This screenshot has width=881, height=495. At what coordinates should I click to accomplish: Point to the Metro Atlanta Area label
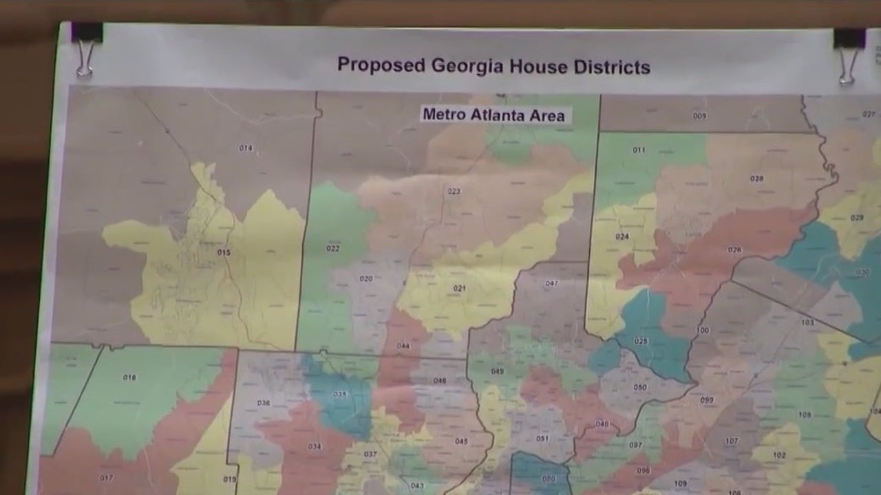pyautogui.click(x=493, y=114)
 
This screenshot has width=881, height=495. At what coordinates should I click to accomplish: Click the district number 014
pyautogui.click(x=246, y=148)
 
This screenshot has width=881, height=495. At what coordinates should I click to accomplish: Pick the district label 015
pyautogui.click(x=224, y=252)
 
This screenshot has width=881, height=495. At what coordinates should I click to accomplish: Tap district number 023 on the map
pyautogui.click(x=454, y=191)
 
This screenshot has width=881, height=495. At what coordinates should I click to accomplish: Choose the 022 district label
pyautogui.click(x=333, y=248)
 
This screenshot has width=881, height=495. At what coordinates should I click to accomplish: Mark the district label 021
pyautogui.click(x=459, y=288)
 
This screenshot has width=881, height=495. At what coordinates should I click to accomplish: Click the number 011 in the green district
pyautogui.click(x=639, y=150)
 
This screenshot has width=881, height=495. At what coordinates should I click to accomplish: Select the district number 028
pyautogui.click(x=756, y=178)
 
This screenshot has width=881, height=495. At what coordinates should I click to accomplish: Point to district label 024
pyautogui.click(x=622, y=236)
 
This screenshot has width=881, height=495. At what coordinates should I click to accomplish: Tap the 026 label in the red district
pyautogui.click(x=734, y=250)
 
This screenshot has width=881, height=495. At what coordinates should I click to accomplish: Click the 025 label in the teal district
pyautogui.click(x=641, y=341)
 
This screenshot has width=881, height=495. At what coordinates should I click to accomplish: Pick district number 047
pyautogui.click(x=552, y=283)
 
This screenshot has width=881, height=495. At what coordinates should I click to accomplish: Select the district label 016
pyautogui.click(x=129, y=377)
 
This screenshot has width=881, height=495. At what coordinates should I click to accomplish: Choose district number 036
pyautogui.click(x=264, y=403)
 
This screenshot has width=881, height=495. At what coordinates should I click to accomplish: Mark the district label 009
pyautogui.click(x=699, y=115)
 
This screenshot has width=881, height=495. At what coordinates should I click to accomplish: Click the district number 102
pyautogui.click(x=779, y=455)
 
